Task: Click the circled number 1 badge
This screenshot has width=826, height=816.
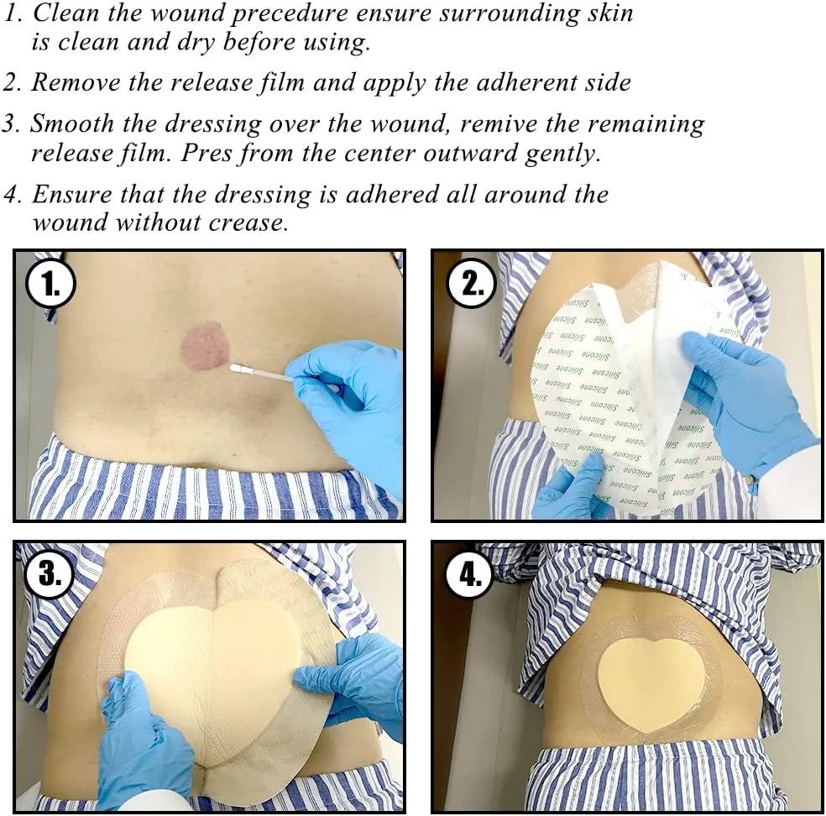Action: [x=51, y=285]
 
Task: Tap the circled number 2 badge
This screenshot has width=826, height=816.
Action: [x=472, y=285]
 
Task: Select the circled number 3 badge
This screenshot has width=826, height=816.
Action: [x=51, y=575]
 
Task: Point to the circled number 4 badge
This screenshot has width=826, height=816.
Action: [x=472, y=575]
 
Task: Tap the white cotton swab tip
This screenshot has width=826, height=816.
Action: [x=238, y=367]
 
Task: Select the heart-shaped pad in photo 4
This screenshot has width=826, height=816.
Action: [x=650, y=671]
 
